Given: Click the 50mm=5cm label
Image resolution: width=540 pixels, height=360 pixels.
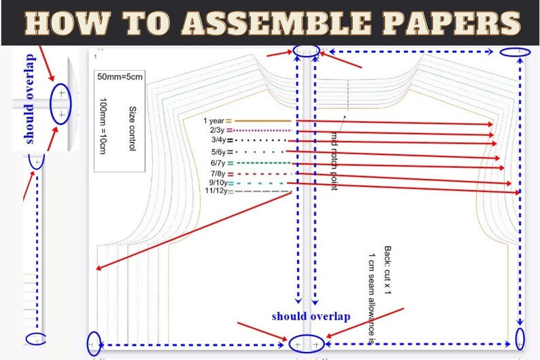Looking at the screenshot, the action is (x=120, y=77).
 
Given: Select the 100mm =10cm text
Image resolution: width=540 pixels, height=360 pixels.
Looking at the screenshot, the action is (x=103, y=126).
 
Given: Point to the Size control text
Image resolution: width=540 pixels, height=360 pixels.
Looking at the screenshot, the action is (x=133, y=128).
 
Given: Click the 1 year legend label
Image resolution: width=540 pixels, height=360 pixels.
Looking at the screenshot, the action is (x=214, y=120).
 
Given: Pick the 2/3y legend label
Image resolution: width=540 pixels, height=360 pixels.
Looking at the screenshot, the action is (x=217, y=130).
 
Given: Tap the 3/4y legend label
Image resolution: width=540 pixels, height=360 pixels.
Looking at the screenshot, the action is (x=218, y=140).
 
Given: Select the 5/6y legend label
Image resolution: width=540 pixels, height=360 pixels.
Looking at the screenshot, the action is (x=218, y=152).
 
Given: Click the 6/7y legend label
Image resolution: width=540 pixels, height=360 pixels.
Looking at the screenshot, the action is (x=218, y=163).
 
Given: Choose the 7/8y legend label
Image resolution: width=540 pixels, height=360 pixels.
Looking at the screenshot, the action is (x=218, y=174).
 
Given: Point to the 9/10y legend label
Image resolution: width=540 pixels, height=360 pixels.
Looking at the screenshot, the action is (x=218, y=182).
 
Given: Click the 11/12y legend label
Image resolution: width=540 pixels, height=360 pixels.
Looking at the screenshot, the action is (x=216, y=191).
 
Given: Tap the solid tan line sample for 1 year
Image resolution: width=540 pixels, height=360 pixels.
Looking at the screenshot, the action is (x=263, y=121).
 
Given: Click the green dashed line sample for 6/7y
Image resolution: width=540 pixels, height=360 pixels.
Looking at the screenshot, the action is (x=264, y=163).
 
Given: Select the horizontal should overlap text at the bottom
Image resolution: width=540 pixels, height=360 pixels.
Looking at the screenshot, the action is (x=311, y=316).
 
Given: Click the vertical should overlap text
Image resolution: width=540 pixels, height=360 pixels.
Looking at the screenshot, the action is (x=30, y=99).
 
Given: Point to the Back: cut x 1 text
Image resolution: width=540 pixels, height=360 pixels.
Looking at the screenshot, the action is (x=388, y=270).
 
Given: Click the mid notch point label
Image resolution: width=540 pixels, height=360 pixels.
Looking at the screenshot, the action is (x=334, y=161).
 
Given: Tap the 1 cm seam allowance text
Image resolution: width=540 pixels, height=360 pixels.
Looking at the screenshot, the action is (x=371, y=299).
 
